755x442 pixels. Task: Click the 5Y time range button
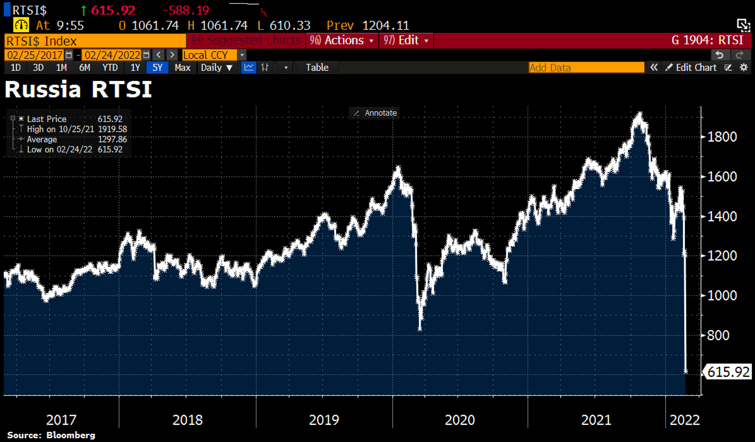pos(157,68)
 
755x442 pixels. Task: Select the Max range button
pos(182,68)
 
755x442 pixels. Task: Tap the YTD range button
pos(110,68)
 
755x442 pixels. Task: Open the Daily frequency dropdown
pos(216,68)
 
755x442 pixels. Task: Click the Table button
pos(317,68)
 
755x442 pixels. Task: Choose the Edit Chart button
pos(691,68)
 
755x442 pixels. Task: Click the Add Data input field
pos(586,68)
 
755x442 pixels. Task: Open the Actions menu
pos(342,41)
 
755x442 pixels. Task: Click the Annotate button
pos(375,113)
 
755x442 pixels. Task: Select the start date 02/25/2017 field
pos(35,55)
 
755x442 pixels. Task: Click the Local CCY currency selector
pos(209,55)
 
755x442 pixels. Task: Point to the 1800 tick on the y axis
pos(722,137)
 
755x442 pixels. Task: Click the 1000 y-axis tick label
pos(722,295)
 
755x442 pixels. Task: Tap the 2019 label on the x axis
pos(324,419)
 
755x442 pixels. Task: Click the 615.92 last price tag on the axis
pos(728,372)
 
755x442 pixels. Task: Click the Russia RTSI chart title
pos(78,89)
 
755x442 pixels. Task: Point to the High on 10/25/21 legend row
pos(77,129)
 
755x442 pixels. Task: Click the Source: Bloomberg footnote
pos(51,435)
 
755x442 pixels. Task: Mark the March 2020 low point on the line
pos(420,328)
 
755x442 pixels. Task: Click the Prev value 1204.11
pos(385,25)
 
